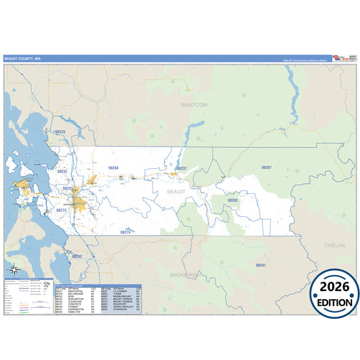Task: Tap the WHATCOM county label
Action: click(x=194, y=105)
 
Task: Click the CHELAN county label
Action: click(x=335, y=245)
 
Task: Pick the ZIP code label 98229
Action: click(x=61, y=132)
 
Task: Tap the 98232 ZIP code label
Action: click(x=62, y=172)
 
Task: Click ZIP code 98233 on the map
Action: click(x=67, y=188)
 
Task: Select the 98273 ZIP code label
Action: click(x=61, y=210)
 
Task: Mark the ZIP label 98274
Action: click(x=125, y=232)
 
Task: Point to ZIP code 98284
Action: click(x=113, y=167)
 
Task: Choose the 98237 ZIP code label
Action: click(x=181, y=168)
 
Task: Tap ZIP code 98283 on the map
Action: click(x=232, y=200)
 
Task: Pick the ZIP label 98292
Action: click(x=76, y=256)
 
